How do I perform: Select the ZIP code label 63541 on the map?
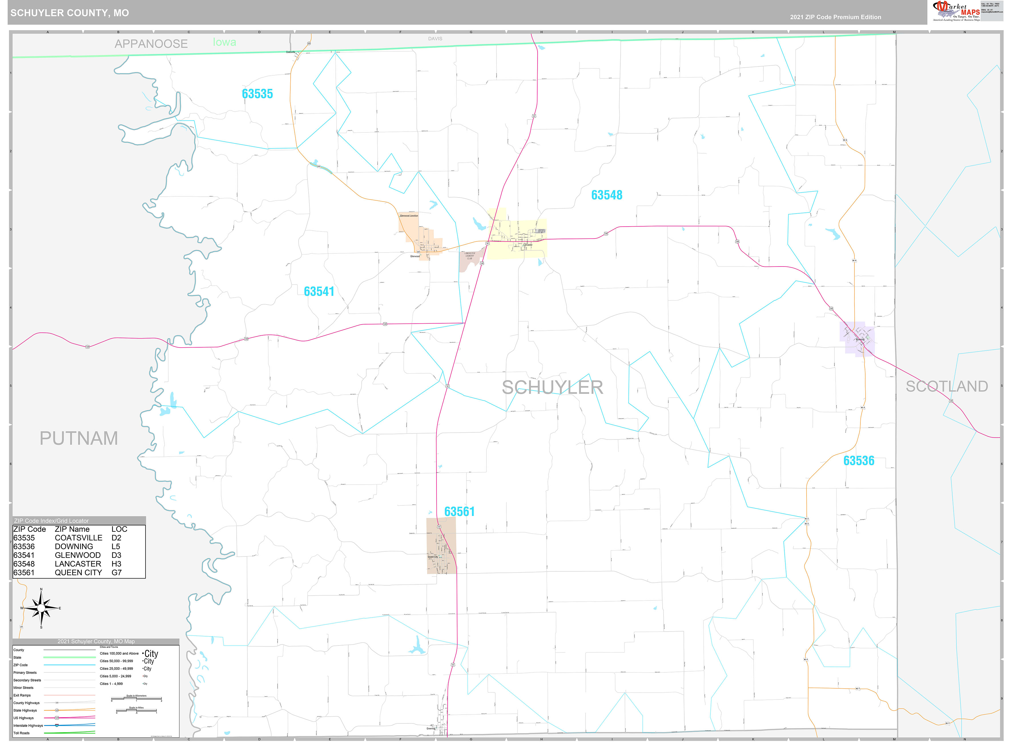pyautogui.click(x=319, y=291)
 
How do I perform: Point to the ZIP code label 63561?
pyautogui.click(x=459, y=512)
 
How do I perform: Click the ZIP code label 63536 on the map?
pyautogui.click(x=858, y=461)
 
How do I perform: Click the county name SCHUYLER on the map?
pyautogui.click(x=552, y=388)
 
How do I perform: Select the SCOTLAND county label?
pyautogui.click(x=946, y=386)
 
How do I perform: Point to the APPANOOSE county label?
pyautogui.click(x=151, y=44)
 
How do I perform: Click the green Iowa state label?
pyautogui.click(x=224, y=42)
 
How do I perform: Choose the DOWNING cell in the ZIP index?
pyautogui.click(x=74, y=547)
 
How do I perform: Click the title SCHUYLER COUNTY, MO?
pyautogui.click(x=70, y=13)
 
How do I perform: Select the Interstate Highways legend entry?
pyautogui.click(x=28, y=725)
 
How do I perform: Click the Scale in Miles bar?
pyautogui.click(x=136, y=711)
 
